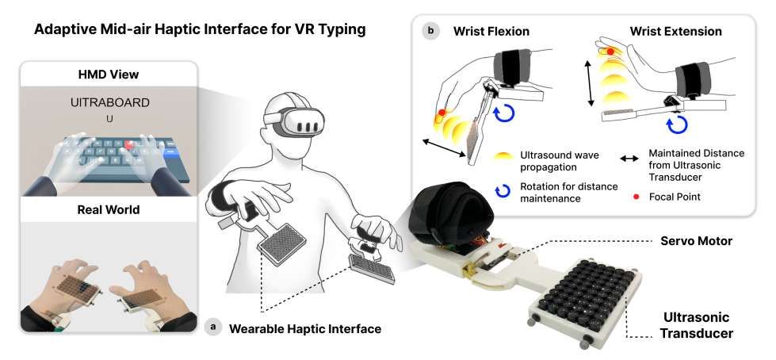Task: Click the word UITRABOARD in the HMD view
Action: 110,102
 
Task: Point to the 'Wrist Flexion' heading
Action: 491,32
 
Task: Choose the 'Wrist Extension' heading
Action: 676,32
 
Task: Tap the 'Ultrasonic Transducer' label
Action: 696,325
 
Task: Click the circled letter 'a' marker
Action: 212,326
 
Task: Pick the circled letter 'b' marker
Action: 431,32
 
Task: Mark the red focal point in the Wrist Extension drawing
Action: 610,52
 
